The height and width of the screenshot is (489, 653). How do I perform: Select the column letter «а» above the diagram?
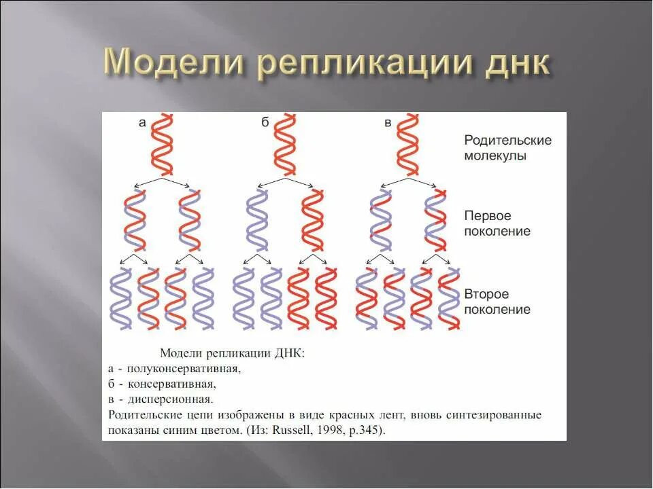(x=142, y=123)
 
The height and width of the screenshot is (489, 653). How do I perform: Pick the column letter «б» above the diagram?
(x=265, y=123)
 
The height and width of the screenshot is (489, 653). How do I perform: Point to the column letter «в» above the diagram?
(x=388, y=123)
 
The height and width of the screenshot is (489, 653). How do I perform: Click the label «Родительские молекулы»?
(x=507, y=147)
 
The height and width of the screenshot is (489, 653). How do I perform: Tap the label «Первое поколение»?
(x=497, y=223)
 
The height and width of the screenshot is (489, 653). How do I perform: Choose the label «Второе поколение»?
(x=497, y=302)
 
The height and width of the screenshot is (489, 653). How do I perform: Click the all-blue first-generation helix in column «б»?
(x=258, y=221)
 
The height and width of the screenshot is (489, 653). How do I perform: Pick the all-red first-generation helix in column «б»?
(x=313, y=221)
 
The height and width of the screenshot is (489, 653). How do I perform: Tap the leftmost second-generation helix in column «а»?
(x=121, y=299)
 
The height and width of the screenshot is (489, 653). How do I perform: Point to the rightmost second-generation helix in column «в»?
(x=449, y=299)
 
